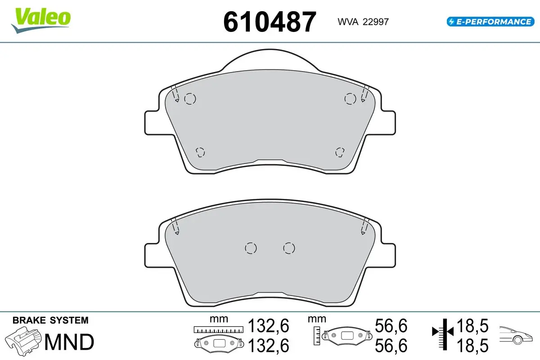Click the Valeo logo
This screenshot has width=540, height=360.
click(x=41, y=20)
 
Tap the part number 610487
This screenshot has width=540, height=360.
click(x=270, y=22)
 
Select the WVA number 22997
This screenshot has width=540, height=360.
click(x=376, y=22)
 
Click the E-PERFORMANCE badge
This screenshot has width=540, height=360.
click(x=490, y=22)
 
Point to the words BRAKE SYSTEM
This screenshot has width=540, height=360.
click(x=50, y=320)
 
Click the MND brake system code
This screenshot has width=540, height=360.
click(x=69, y=342)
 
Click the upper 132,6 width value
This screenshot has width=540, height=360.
click(x=268, y=326)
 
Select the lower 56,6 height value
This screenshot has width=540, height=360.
click(x=391, y=346)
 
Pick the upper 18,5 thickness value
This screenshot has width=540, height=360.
click(x=472, y=326)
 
